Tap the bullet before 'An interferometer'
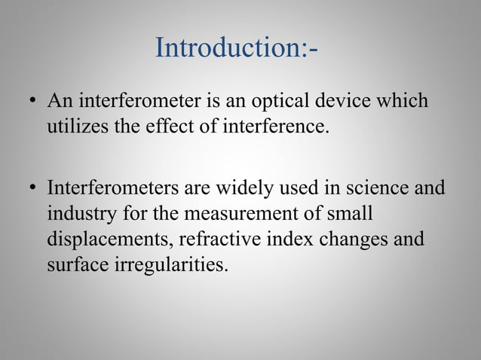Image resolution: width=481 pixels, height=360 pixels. [32, 101]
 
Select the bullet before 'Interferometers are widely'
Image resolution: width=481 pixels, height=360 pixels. [32, 188]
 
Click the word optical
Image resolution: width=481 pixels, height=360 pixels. [289, 100]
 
